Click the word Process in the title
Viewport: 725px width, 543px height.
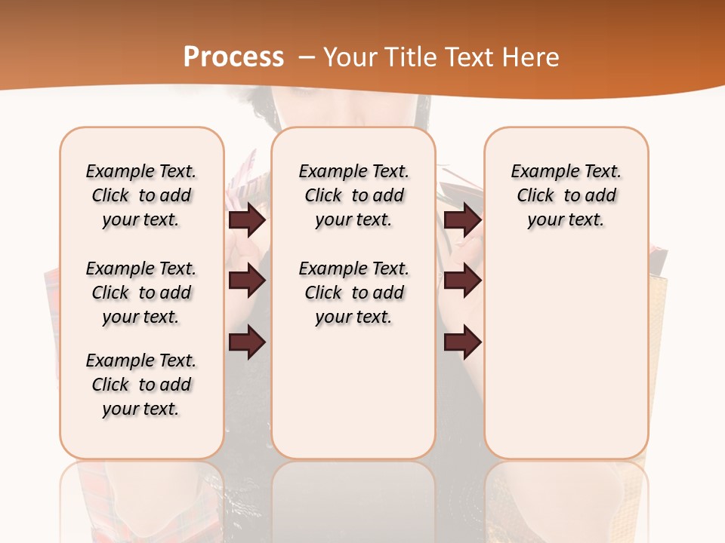point(233,57)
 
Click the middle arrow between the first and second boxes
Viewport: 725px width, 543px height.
point(248,281)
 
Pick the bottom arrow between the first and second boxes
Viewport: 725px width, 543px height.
point(248,342)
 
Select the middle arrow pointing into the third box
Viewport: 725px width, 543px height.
point(462,281)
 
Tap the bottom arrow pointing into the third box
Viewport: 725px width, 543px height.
point(462,342)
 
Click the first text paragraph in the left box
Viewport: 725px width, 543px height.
point(141,195)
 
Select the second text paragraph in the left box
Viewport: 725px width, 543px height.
point(141,293)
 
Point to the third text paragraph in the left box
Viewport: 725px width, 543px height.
point(141,385)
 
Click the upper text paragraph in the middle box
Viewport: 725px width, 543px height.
point(354,195)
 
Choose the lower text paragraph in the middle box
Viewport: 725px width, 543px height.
point(354,293)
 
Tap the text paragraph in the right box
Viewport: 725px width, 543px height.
point(566,195)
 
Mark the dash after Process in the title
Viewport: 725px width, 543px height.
point(307,57)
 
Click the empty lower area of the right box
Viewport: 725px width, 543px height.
point(566,354)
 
